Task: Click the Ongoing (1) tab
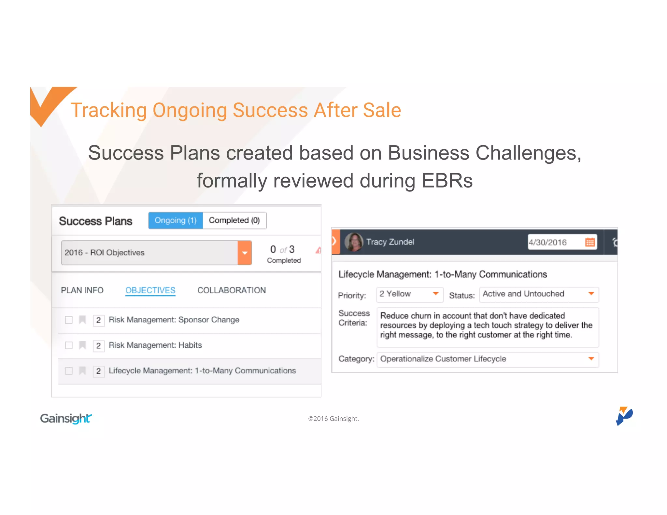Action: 176,220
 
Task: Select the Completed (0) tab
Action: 234,220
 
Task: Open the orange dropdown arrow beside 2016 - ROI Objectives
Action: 245,253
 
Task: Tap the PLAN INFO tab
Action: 82,290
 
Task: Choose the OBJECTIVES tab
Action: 150,290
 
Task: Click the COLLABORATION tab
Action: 232,290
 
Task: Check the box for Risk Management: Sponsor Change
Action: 69,320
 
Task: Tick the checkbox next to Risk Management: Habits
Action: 69,345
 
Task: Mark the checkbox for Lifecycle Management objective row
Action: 69,371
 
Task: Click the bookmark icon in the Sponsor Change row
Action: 83,320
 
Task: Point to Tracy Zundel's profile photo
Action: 354,242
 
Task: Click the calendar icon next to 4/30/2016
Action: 590,242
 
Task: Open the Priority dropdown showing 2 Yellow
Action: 409,294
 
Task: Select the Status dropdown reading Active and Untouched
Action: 539,294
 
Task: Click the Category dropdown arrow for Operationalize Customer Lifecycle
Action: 591,359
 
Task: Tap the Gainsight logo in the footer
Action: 66,418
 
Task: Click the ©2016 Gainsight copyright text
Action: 333,419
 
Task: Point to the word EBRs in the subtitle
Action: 447,181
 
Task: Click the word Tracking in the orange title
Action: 108,110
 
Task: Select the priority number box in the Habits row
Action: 98,346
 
